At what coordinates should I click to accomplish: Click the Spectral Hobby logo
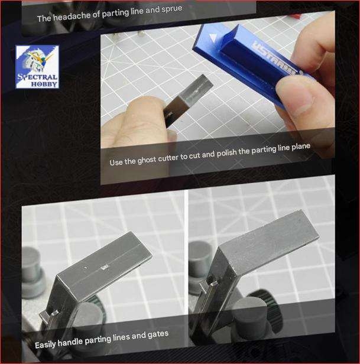(x=37, y=66)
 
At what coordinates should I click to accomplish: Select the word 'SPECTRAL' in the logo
(x=37, y=76)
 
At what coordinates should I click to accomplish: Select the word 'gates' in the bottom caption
(x=156, y=334)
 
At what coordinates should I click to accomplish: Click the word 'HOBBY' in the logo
(x=45, y=84)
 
